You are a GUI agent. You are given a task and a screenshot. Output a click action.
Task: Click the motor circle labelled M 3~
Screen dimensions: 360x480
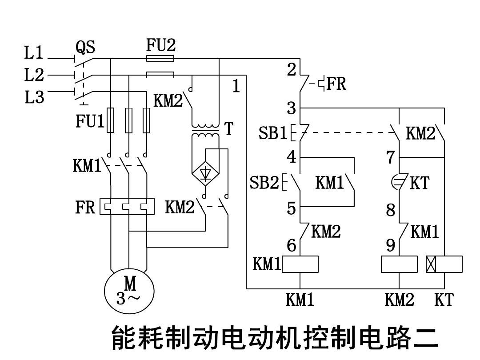129,291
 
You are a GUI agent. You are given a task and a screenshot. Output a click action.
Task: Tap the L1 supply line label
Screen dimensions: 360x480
34,53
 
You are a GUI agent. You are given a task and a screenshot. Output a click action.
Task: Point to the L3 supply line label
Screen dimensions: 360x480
34,96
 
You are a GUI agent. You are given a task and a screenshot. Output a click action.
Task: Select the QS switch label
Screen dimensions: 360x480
86,47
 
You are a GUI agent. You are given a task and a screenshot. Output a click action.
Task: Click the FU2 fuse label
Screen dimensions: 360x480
161,44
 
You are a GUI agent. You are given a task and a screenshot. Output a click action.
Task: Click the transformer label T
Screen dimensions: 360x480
228,128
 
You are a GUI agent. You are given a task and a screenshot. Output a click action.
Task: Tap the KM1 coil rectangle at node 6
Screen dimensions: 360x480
300,264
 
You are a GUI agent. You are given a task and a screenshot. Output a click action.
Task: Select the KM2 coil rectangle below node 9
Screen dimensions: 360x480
399,264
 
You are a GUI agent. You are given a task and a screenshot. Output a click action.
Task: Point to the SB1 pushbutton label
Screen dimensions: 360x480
273,133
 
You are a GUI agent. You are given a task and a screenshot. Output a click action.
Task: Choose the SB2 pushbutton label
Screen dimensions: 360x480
264,183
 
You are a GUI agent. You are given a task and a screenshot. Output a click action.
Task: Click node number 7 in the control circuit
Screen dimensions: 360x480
391,157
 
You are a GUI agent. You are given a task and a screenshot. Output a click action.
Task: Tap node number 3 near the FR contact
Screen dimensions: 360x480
292,108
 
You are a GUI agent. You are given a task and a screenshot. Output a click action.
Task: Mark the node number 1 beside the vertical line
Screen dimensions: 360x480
236,86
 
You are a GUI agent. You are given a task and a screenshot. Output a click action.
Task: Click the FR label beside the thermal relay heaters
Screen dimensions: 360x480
85,207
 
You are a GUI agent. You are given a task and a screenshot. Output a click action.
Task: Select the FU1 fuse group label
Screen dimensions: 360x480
90,121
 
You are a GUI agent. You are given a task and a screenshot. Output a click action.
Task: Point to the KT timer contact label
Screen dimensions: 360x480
419,183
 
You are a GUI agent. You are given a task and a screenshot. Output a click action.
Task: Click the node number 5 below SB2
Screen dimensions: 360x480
292,208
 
